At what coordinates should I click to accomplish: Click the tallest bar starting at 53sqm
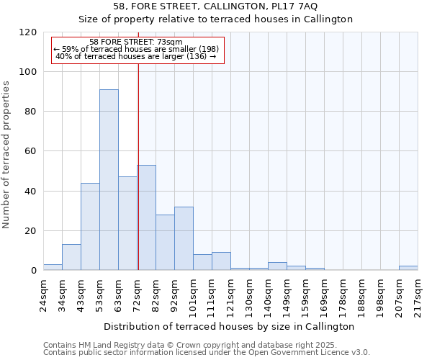[x=109, y=180]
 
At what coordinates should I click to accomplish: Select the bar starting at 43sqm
[x=90, y=227]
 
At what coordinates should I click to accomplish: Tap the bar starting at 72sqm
[x=147, y=217]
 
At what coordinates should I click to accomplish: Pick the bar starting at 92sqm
[x=184, y=238]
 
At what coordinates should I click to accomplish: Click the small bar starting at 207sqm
[x=408, y=268]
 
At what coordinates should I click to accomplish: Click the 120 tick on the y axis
[x=29, y=32]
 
